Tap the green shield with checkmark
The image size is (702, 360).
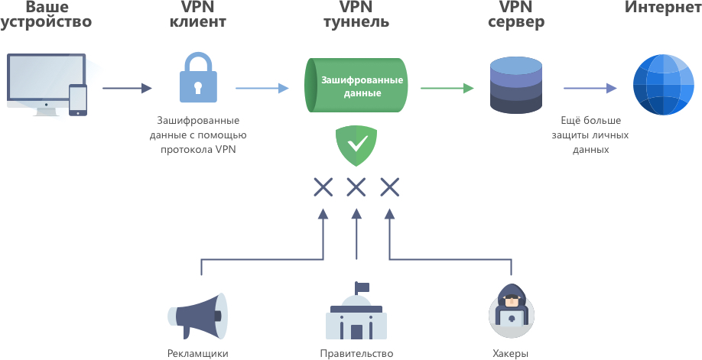pos(356,144)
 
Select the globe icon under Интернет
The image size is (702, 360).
pos(662,87)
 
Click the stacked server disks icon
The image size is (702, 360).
pos(517,87)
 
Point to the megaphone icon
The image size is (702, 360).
pos(195,316)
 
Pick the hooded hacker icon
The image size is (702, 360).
pos(510,313)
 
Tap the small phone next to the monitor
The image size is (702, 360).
pos(78,99)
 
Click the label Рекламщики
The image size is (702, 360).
pos(197,353)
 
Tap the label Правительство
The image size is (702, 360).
pos(356,353)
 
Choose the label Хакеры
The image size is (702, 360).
pos(510,353)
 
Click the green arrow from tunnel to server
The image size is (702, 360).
pos(447,88)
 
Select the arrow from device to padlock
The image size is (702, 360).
pos(127,88)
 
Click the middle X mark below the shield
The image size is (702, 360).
pos(356,186)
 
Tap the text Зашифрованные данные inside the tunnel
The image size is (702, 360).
pos(362,86)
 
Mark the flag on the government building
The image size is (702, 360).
pos(362,287)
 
